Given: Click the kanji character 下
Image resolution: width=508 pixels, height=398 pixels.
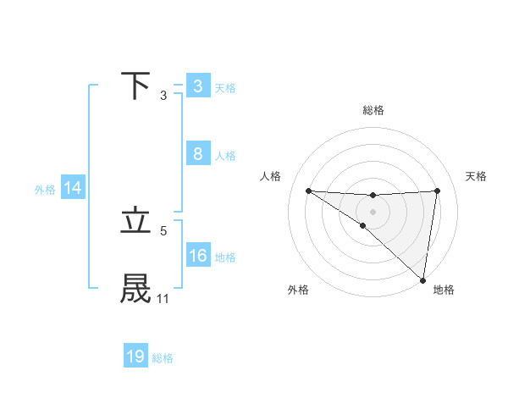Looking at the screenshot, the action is coord(136,86).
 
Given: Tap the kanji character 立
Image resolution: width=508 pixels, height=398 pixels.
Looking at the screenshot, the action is coord(136,221).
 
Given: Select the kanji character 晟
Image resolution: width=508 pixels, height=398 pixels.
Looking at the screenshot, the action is coord(136,289).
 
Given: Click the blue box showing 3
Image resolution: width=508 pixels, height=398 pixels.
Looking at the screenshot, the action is coord(197,86).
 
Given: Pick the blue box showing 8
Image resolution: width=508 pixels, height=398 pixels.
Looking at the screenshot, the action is coord(197,154).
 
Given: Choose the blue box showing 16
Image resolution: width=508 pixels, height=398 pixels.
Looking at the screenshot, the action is coord(197,256).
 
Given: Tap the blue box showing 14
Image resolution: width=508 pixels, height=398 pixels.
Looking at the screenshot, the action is coord(73,189).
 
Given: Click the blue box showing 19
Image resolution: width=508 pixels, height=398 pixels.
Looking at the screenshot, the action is coord(135,357).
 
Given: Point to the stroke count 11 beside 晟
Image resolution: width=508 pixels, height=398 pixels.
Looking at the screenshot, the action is coord(163,299).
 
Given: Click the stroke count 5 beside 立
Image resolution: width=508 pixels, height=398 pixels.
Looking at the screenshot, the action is coord(163,230).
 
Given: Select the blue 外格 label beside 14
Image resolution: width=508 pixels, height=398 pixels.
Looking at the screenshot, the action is coord(45,190).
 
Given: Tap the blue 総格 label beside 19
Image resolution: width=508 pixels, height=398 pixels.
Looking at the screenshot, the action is coord(163,358).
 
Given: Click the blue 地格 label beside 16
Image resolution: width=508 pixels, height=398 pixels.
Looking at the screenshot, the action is coord(225,257).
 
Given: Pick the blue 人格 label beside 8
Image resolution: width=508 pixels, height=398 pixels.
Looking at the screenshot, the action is coord(225,156).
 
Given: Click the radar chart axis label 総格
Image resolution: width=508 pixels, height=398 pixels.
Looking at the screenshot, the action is coord(373,110).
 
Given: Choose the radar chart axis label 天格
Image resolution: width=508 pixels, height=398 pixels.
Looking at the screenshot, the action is coord(476,176).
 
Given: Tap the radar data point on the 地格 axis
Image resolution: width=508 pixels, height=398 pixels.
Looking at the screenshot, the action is coord(423,279).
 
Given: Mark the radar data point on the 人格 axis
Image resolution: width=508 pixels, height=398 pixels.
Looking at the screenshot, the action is coord(308,191).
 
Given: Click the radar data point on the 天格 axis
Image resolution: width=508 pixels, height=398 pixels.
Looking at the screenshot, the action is coord(437,191).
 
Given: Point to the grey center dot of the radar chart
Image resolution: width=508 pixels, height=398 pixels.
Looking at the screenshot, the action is coord(373,212).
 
